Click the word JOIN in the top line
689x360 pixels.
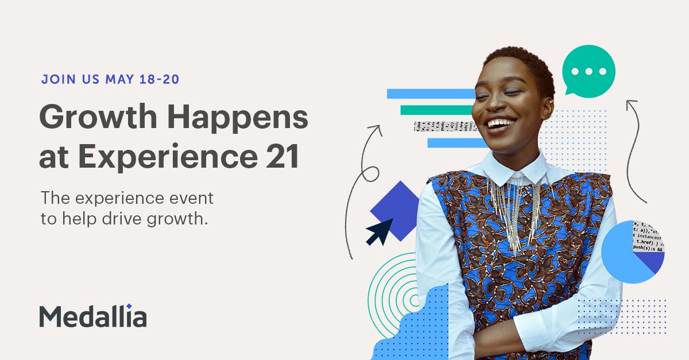[56, 79]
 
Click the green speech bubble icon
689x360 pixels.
[587, 72]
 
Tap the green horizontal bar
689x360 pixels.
[436, 110]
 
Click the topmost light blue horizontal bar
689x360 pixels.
[431, 94]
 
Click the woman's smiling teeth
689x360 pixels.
[501, 123]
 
